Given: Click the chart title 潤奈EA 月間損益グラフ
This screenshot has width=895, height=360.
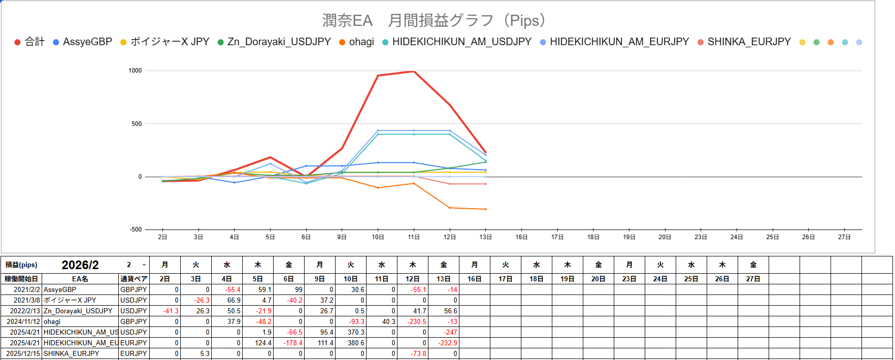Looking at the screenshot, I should click(434, 21).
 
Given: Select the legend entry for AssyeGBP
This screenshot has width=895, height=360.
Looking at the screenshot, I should click(87, 42).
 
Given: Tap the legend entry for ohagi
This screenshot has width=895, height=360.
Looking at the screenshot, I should click(361, 42).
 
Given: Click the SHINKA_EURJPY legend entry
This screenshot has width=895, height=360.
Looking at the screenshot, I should click(748, 42).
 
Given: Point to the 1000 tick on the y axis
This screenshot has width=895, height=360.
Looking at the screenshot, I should click(135, 71).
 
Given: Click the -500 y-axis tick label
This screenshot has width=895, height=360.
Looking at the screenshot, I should click(136, 230).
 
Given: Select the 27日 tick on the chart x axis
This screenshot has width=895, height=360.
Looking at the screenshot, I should click(844, 237).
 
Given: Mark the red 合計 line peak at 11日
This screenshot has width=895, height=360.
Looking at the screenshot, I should click(414, 71).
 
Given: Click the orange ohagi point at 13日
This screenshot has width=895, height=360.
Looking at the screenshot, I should click(486, 209).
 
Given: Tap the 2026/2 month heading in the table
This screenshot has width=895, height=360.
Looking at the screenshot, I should click(80, 265).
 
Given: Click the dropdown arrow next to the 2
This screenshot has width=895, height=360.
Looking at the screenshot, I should click(144, 265).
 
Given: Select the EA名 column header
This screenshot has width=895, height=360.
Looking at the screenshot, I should click(80, 279).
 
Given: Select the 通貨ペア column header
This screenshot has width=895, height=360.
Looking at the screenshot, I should click(134, 279).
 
